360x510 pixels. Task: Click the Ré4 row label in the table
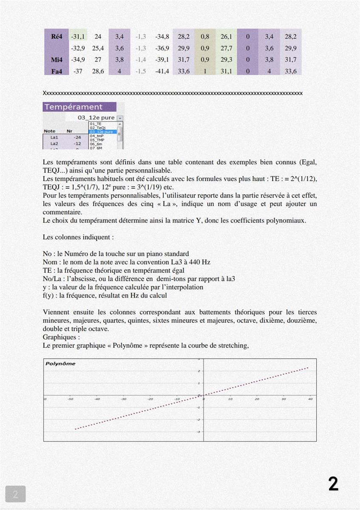[57, 37]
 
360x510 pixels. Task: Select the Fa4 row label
[57, 71]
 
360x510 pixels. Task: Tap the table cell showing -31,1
[78, 37]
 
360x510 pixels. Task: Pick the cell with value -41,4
[162, 71]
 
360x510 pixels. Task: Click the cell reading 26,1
[226, 37]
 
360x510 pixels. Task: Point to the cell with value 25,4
[98, 48]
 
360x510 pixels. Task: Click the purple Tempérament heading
[74, 107]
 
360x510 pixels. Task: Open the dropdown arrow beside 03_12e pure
[120, 118]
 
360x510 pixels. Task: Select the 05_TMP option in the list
[97, 140]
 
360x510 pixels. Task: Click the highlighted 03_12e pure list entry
[101, 132]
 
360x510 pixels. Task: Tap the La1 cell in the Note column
[54, 138]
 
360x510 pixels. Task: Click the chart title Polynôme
[60, 364]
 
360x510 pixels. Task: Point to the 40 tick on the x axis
[310, 399]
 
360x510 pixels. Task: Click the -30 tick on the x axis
[123, 399]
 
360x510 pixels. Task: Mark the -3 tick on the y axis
[199, 432]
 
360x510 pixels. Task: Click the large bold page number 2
[333, 484]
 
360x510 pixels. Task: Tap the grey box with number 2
[15, 494]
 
